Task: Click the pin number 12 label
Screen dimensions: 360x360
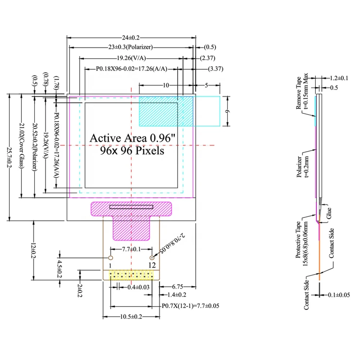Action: coord(152,265)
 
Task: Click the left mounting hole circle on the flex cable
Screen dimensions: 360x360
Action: coord(111,257)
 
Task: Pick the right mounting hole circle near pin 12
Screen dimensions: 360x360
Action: coord(152,257)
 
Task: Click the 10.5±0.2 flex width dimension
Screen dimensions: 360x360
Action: coord(131,317)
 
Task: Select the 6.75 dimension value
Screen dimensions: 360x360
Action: coord(177,287)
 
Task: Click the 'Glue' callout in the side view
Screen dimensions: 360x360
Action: coord(329,216)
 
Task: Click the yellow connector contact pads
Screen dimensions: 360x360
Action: coord(131,275)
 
